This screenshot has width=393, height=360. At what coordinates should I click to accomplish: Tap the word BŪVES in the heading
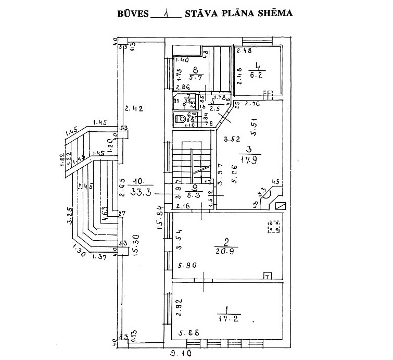click(x=132, y=12)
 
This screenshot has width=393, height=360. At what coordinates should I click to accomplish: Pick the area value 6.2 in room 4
click(x=256, y=75)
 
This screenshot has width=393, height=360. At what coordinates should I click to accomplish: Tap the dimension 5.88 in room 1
click(x=187, y=332)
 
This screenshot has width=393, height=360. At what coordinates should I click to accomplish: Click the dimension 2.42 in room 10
click(x=133, y=109)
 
